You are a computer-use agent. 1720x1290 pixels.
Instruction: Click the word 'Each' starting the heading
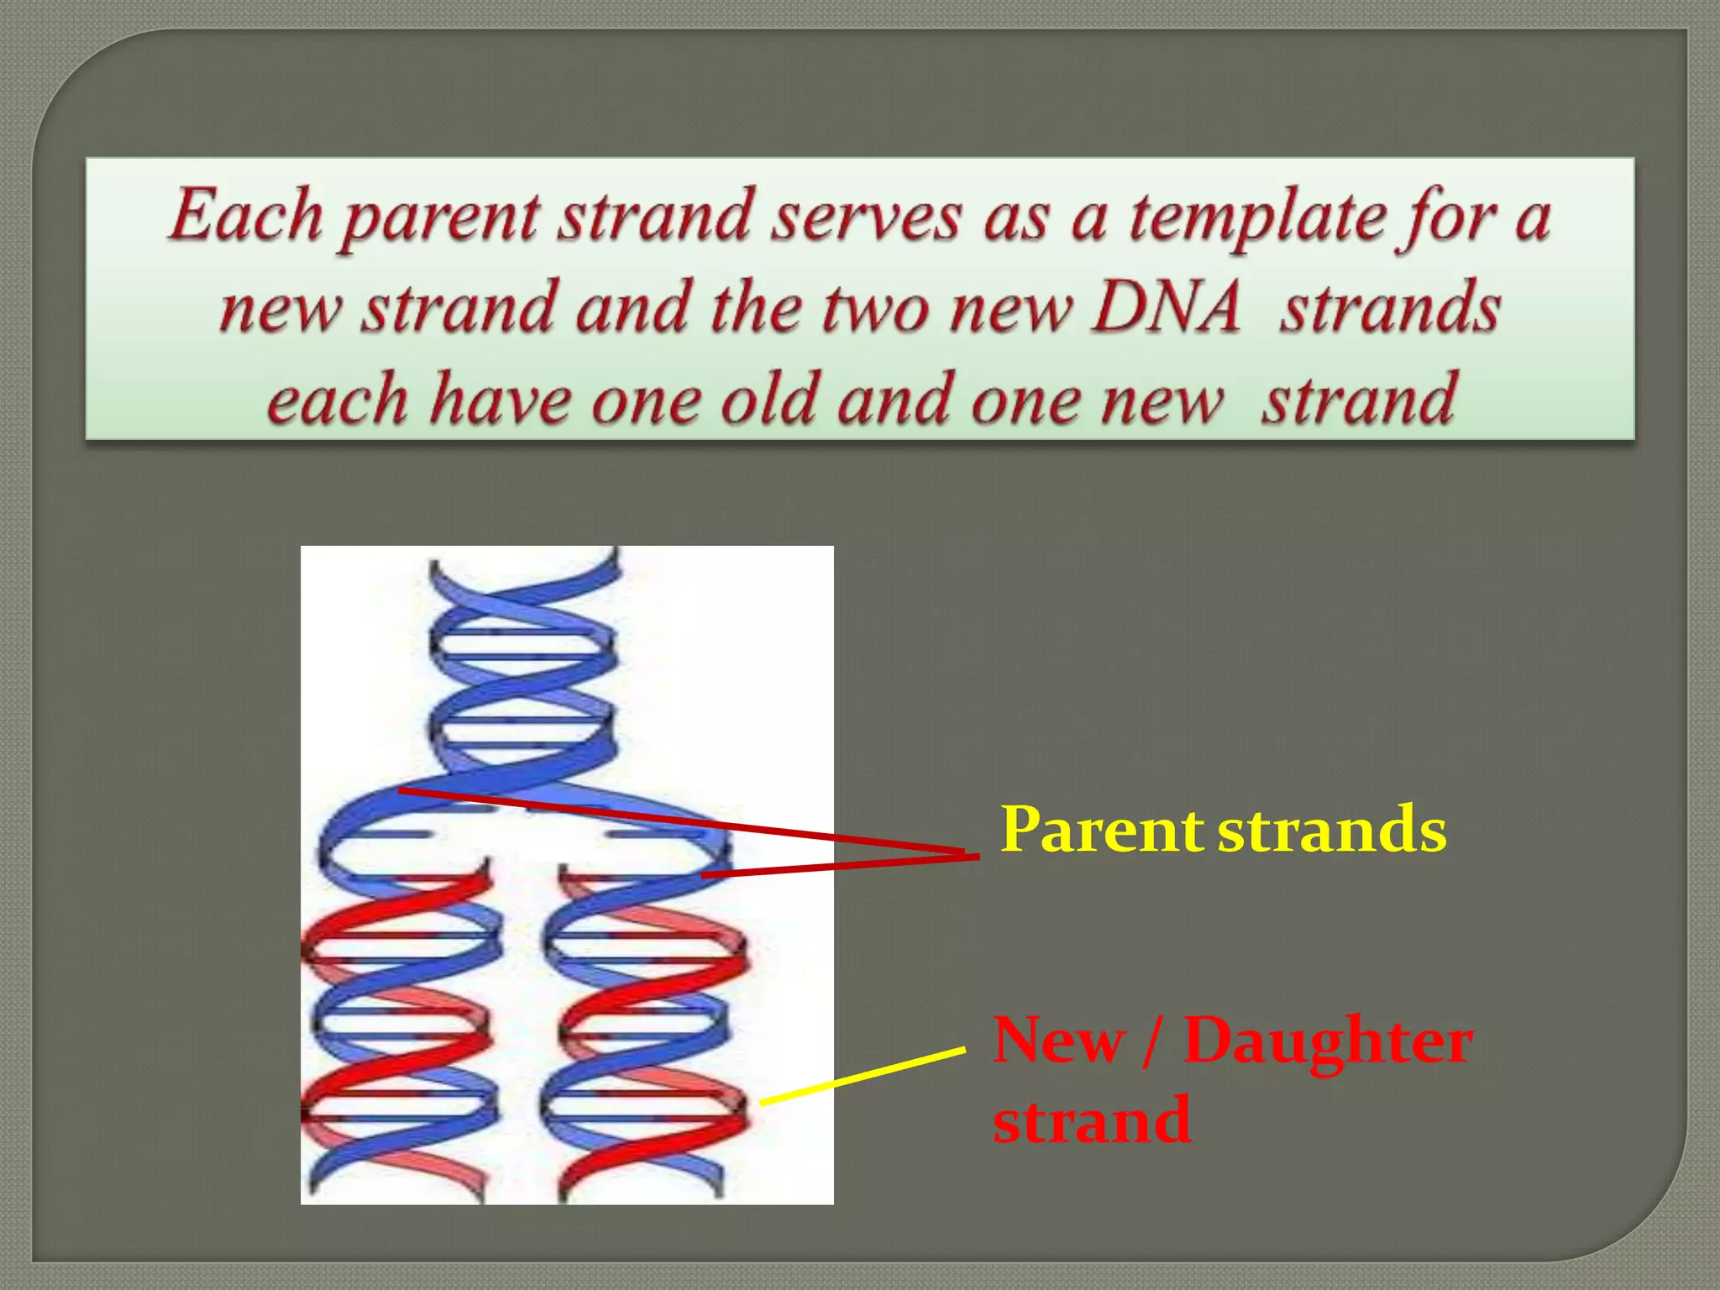click(x=245, y=216)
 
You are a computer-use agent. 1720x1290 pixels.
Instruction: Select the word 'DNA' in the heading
click(x=1167, y=307)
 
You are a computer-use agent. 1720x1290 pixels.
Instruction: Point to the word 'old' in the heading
click(x=768, y=400)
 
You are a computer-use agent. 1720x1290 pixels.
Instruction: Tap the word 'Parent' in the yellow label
click(x=1102, y=830)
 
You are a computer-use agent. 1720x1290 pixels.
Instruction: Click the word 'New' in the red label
click(x=1057, y=1041)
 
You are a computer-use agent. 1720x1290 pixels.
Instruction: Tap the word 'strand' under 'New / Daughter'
click(x=1091, y=1120)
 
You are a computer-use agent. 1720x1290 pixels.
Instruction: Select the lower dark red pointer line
click(x=840, y=866)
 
